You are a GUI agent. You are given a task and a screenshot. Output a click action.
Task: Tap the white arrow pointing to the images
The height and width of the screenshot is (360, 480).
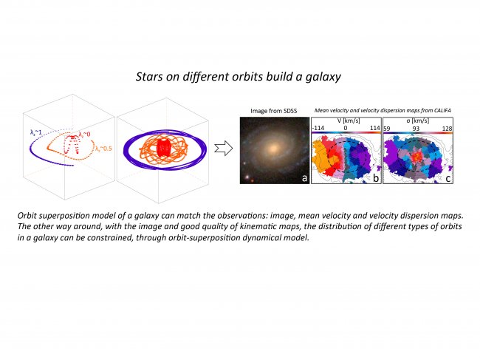pyautogui.click(x=224, y=149)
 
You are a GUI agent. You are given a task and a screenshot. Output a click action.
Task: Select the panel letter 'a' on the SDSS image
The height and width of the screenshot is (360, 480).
pyautogui.click(x=304, y=177)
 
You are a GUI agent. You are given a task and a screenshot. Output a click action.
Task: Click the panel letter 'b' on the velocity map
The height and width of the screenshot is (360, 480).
pyautogui.click(x=376, y=177)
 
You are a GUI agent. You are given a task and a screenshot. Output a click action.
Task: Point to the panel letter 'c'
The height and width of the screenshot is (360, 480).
pyautogui.click(x=448, y=178)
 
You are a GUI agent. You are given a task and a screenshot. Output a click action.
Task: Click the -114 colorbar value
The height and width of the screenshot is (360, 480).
pyautogui.click(x=318, y=128)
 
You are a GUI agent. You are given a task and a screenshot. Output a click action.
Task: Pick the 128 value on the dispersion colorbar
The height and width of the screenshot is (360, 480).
pyautogui.click(x=448, y=129)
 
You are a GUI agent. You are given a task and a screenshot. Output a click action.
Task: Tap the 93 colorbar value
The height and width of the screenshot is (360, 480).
pyautogui.click(x=416, y=129)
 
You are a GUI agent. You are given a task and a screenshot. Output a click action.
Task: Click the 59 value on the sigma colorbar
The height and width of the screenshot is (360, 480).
pyautogui.click(x=387, y=129)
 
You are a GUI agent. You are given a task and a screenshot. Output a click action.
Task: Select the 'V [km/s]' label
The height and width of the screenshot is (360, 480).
pyautogui.click(x=349, y=120)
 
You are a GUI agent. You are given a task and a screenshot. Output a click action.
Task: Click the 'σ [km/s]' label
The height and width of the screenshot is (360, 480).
pyautogui.click(x=417, y=121)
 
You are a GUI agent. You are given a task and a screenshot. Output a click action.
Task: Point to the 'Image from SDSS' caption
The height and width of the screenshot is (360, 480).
pyautogui.click(x=274, y=111)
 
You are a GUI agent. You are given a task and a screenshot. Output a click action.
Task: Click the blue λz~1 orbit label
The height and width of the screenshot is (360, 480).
pyautogui.click(x=36, y=132)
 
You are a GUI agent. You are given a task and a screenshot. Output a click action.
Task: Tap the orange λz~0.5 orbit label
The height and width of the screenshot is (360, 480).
pyautogui.click(x=103, y=149)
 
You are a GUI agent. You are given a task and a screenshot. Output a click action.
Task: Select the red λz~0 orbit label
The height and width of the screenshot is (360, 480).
pyautogui.click(x=84, y=135)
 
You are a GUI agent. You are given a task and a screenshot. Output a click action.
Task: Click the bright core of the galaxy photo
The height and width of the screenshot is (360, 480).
pyautogui.click(x=273, y=149)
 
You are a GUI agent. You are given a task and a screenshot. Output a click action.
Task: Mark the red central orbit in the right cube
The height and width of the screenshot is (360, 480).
pyautogui.click(x=165, y=148)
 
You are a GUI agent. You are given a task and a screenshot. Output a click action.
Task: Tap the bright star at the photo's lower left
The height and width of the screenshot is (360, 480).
pyautogui.click(x=247, y=177)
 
